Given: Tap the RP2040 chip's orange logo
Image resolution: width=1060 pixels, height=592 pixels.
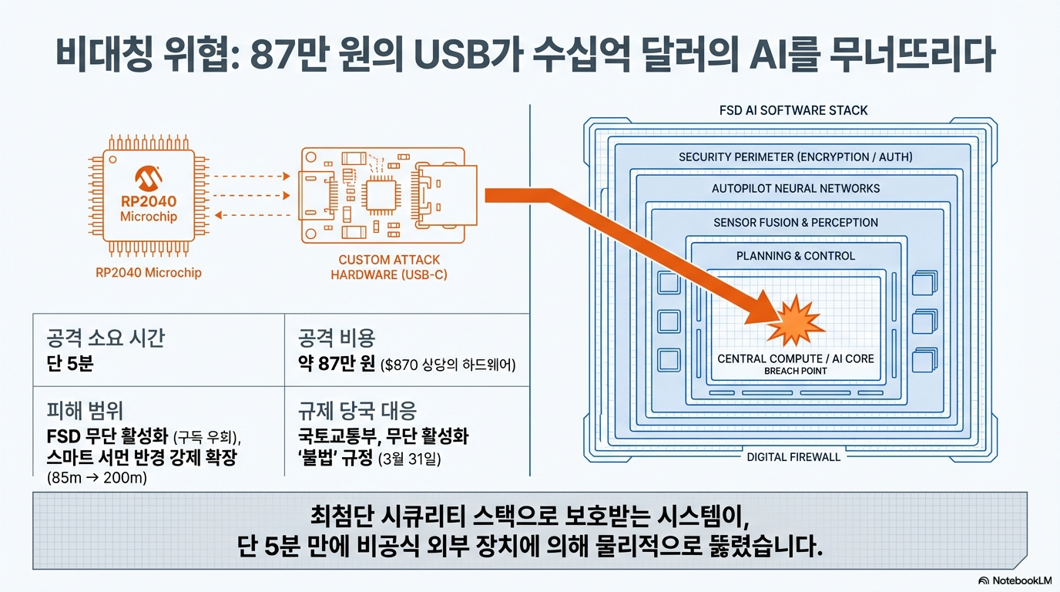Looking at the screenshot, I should tap(148, 180).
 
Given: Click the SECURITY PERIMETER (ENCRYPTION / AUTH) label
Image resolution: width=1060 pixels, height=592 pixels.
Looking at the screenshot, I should tap(795, 157).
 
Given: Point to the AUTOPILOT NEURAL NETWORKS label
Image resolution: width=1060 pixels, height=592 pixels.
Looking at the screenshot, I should tap(796, 189).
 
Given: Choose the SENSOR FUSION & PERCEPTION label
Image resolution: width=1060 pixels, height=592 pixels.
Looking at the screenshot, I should tap(796, 223).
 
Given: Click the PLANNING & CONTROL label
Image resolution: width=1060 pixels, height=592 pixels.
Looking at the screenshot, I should tap(796, 256).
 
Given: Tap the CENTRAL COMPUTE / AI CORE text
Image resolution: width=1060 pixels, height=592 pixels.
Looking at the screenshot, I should tap(796, 358).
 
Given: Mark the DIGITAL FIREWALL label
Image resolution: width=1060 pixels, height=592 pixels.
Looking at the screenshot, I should tap(793, 457).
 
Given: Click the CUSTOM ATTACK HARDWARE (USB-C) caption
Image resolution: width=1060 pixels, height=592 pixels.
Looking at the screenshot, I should tap(388, 267).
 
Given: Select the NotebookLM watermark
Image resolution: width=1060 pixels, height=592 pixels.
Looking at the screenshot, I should tap(1015, 580).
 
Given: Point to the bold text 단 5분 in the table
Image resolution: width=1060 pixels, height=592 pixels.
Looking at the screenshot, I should tap(70, 364).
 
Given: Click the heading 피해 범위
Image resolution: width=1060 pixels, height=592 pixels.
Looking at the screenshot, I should tap(85, 410).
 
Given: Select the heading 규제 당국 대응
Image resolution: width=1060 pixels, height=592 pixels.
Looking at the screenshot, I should tap(357, 410).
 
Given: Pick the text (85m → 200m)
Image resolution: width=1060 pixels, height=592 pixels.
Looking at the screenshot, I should tap(97, 478).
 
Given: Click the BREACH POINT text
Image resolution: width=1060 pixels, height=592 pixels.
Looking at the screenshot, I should tap(796, 371).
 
